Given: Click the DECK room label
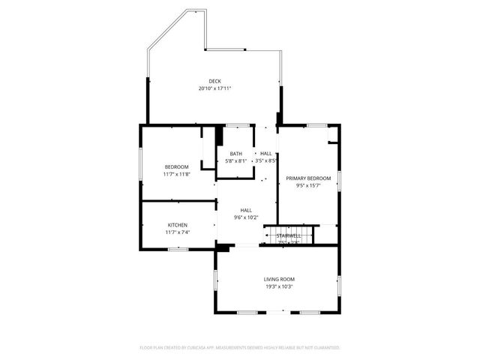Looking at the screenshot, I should point(214,81).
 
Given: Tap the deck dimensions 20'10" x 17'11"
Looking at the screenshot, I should point(214,88).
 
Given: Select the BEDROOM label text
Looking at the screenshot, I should point(177,166).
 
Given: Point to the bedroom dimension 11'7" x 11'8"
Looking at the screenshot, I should point(177,174).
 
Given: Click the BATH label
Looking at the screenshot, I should point(236,154).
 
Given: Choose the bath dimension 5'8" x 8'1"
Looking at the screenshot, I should point(236,160).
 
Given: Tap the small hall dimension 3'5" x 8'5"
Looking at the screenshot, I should point(266,160).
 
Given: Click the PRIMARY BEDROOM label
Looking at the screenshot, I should point(308,178).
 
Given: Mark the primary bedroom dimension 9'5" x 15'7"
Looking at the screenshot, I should point(308,185).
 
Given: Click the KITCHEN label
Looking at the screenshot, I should point(178,225).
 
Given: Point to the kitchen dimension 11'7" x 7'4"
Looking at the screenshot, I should point(178,232).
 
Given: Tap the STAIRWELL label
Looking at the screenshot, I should point(289,235).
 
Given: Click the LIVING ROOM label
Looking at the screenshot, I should point(278,279).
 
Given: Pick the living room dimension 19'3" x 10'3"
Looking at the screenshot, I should point(278,286).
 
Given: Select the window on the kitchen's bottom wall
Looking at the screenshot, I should point(178,249).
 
